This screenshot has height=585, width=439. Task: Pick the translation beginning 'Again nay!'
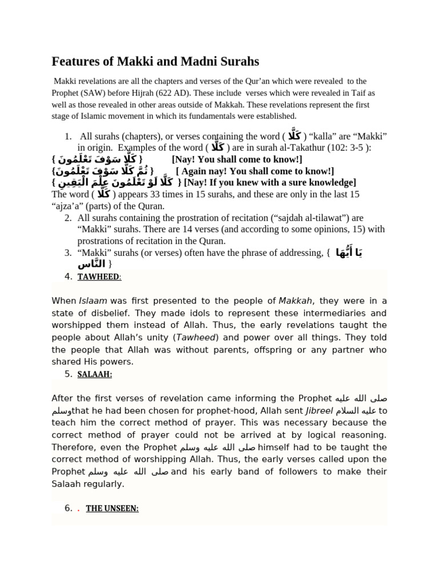coord(255,171)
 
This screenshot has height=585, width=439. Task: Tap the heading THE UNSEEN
coord(112,508)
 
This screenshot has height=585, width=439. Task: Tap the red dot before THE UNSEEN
coord(78,508)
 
